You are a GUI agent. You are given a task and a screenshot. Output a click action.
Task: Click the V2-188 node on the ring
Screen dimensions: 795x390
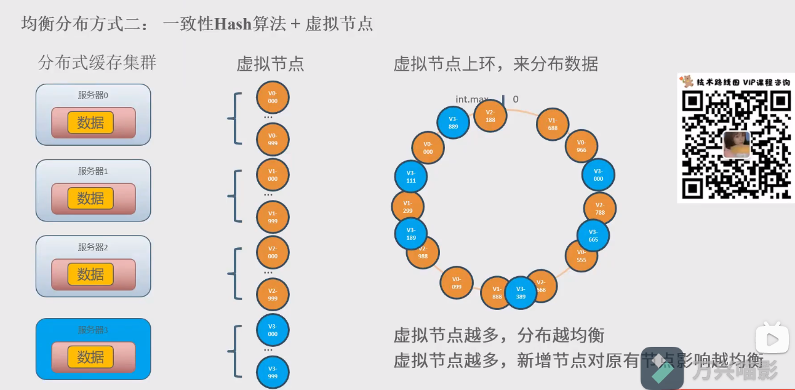click(x=490, y=116)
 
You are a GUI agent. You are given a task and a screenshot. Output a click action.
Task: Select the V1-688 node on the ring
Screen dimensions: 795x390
click(x=553, y=125)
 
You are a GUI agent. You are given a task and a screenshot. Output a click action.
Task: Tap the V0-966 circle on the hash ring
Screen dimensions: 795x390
click(x=581, y=146)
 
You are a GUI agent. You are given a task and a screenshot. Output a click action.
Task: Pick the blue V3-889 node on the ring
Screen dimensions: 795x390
click(x=453, y=122)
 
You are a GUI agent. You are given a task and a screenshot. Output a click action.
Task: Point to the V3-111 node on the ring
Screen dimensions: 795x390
click(x=411, y=177)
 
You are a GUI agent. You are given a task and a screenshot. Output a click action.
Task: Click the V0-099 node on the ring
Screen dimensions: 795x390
click(x=457, y=283)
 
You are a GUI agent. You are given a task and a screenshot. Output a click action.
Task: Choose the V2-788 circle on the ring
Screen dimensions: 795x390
click(x=600, y=209)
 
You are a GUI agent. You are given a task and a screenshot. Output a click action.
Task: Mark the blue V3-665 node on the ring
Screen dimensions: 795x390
click(x=593, y=236)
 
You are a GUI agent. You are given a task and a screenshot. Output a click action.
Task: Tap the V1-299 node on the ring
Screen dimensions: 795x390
click(x=407, y=206)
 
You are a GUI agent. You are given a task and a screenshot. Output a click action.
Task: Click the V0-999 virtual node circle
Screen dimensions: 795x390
click(x=273, y=139)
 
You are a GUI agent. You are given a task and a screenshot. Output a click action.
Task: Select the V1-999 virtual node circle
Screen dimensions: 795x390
click(x=273, y=217)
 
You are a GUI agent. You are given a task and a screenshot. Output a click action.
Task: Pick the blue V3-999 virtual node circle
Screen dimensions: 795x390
click(x=273, y=372)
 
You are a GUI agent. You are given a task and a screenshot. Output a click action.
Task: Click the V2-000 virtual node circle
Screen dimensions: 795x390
click(x=273, y=252)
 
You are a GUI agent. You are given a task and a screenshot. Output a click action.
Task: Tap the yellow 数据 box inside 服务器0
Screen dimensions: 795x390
click(x=90, y=122)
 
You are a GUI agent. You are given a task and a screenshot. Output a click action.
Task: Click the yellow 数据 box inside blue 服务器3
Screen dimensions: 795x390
click(x=90, y=357)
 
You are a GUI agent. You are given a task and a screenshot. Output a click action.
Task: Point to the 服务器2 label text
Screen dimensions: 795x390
click(x=93, y=247)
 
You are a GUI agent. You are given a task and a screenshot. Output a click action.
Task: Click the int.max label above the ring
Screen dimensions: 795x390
click(x=472, y=99)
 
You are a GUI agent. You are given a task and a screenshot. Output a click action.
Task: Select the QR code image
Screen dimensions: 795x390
click(x=736, y=145)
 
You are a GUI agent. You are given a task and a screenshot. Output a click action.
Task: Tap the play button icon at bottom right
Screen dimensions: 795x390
click(x=772, y=338)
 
